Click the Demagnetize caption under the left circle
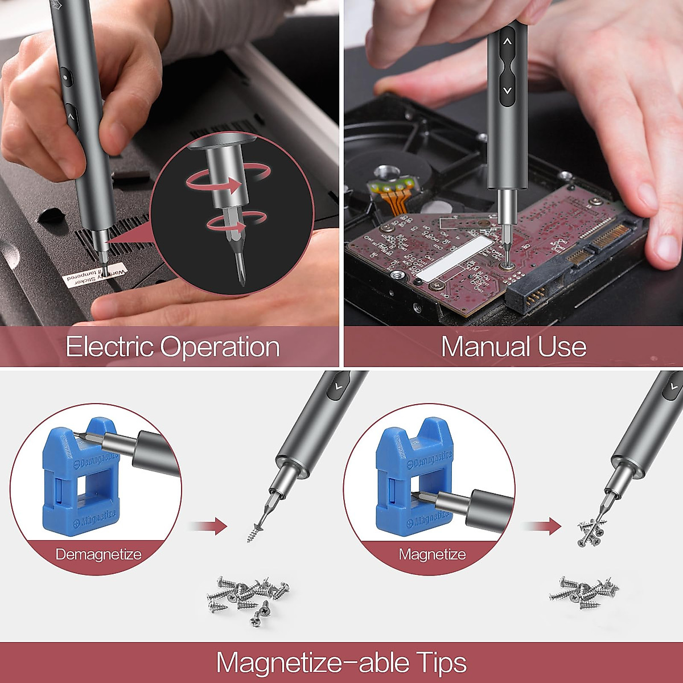(98, 554)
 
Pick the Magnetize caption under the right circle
(432, 554)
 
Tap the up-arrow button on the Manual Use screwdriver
(507, 42)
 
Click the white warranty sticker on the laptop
(96, 274)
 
